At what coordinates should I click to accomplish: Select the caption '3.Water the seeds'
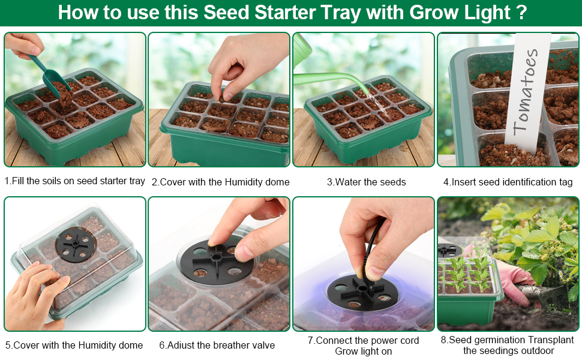pyautogui.click(x=366, y=182)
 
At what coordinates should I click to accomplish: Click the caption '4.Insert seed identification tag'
pyautogui.click(x=508, y=182)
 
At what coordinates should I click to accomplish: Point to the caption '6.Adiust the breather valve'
pyautogui.click(x=217, y=345)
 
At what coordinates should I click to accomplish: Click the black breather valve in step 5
pyautogui.click(x=76, y=245)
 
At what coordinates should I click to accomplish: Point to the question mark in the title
pyautogui.click(x=521, y=12)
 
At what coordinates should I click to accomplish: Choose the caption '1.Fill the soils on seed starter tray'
pyautogui.click(x=74, y=181)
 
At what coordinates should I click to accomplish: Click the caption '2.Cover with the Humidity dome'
pyautogui.click(x=220, y=182)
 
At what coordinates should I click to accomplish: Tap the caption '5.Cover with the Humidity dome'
pyautogui.click(x=74, y=345)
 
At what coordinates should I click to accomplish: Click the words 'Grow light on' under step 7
pyautogui.click(x=363, y=352)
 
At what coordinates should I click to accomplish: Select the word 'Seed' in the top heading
pyautogui.click(x=226, y=12)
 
